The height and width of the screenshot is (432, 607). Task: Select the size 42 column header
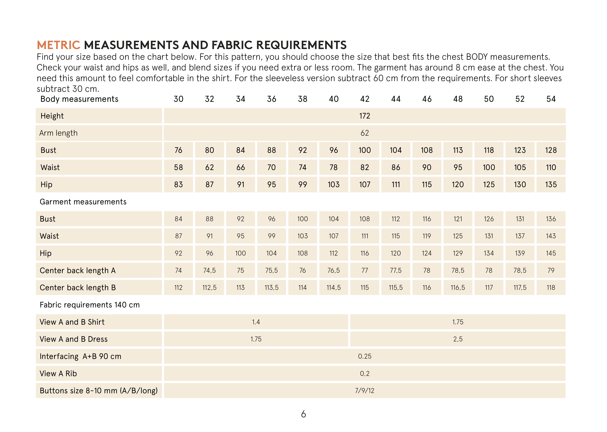[365, 99]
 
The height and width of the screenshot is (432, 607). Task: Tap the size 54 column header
[551, 99]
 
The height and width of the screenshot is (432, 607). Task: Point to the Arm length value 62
[365, 133]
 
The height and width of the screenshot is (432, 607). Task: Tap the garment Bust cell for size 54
[551, 219]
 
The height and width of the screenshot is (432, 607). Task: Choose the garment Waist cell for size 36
[271, 236]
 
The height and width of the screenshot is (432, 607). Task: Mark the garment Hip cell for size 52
[520, 253]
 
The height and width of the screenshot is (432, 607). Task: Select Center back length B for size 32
[209, 288]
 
